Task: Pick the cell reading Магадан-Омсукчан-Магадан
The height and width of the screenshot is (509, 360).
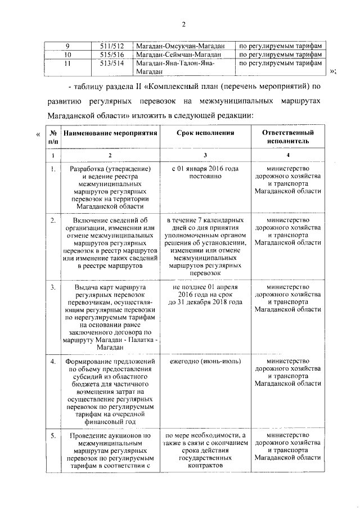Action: tap(180, 46)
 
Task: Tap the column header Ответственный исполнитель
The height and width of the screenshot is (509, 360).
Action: tap(288, 137)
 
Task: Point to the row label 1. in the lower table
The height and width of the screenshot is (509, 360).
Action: tap(52, 169)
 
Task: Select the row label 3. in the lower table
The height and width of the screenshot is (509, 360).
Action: tap(52, 287)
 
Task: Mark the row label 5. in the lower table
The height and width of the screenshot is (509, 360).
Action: tap(52, 435)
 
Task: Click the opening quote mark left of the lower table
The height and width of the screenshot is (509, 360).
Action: tap(37, 133)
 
